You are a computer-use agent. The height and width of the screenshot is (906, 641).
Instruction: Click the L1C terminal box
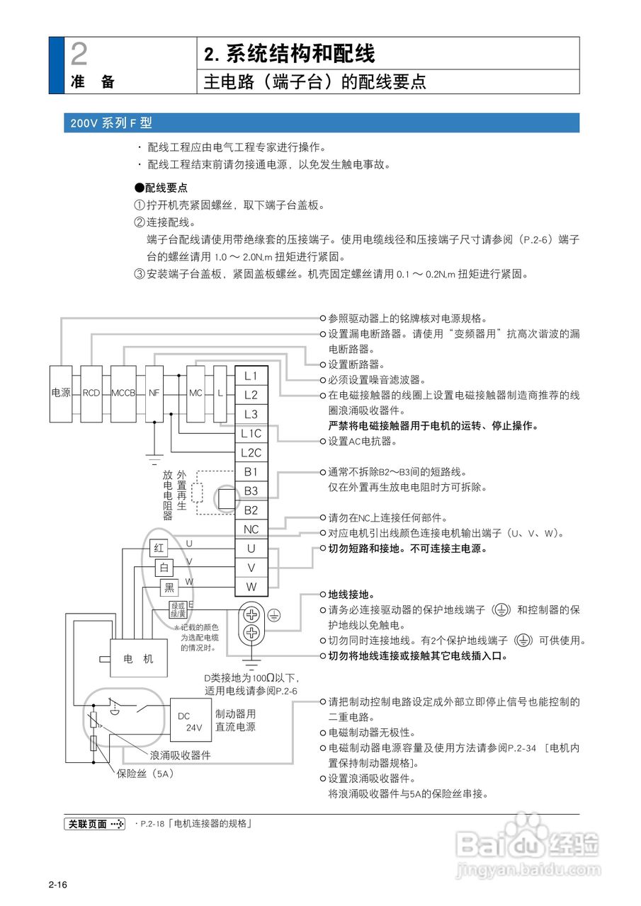click(251, 433)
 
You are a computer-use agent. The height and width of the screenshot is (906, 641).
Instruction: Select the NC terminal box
click(251, 529)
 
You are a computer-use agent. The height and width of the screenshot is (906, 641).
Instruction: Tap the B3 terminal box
click(251, 491)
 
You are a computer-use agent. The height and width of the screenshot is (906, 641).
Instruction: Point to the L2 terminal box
click(251, 395)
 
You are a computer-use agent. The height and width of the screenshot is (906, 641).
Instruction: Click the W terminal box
click(251, 586)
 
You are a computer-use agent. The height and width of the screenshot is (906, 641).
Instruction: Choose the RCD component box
click(91, 392)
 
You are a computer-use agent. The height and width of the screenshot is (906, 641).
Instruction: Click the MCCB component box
click(123, 392)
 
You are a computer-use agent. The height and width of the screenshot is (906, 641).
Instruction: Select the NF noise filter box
click(154, 392)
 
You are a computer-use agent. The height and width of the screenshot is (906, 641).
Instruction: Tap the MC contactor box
click(195, 392)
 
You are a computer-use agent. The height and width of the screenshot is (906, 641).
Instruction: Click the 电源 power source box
click(61, 392)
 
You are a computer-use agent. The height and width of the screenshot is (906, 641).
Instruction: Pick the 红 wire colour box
click(159, 548)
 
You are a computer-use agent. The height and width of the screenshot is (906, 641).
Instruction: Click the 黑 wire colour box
click(169, 587)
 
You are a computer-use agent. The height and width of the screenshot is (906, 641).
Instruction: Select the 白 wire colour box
click(164, 568)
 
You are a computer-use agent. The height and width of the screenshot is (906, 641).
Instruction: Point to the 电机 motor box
click(138, 659)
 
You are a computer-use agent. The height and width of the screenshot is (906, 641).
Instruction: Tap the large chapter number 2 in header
click(80, 55)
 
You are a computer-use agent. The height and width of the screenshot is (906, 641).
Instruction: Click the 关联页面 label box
click(95, 824)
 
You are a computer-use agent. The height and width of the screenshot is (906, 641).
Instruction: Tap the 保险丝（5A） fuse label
click(145, 774)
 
